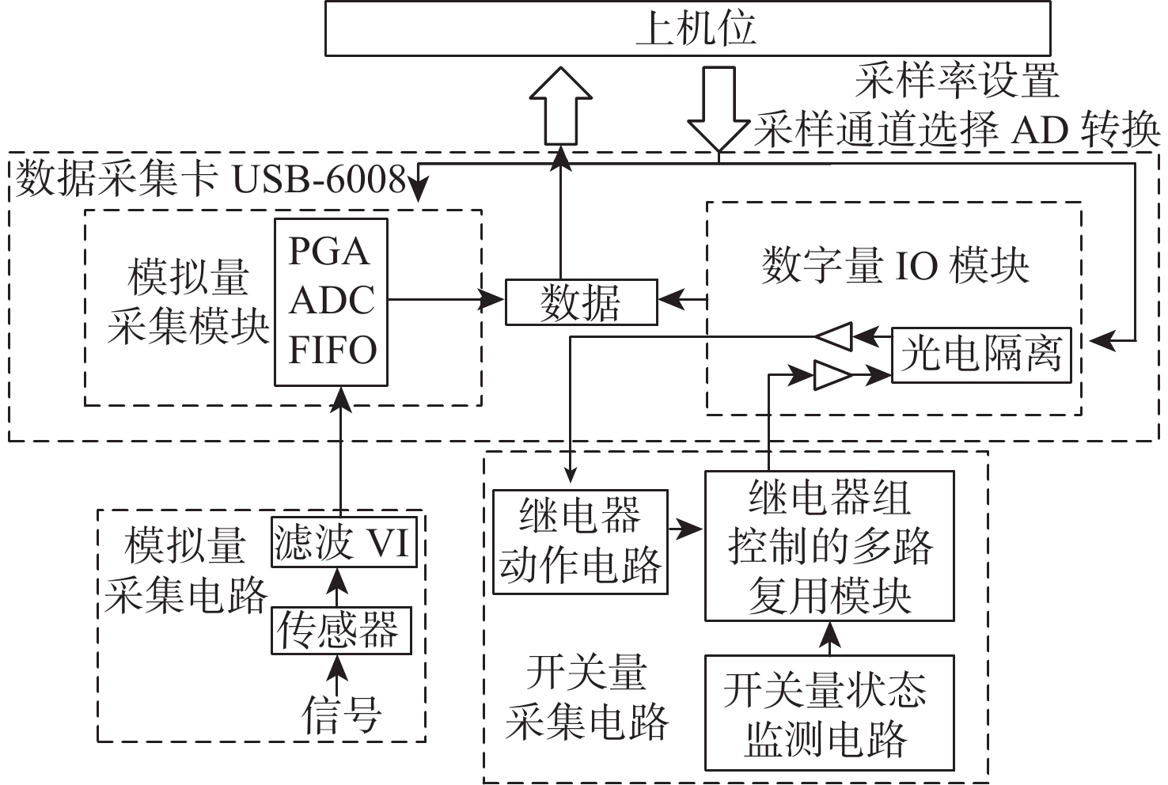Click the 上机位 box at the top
[688, 28]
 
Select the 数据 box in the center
[581, 302]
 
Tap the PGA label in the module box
[329, 252]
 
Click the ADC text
[332, 301]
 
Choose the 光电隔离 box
[980, 355]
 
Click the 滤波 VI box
[342, 543]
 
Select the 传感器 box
[341, 630]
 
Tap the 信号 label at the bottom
[341, 715]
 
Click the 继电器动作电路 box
[580, 542]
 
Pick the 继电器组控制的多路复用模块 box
[829, 546]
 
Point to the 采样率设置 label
[957, 80]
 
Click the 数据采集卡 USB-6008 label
[210, 180]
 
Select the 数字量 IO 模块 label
[895, 265]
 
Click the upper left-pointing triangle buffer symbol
[834, 336]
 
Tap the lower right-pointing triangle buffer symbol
[832, 376]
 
